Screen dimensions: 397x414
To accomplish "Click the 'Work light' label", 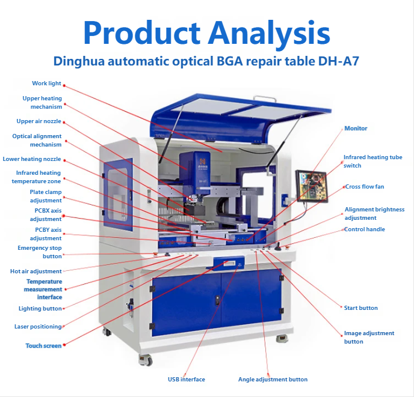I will [46, 83].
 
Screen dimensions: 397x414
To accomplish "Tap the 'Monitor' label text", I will [355, 129].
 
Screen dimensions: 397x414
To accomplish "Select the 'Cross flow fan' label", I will [364, 187].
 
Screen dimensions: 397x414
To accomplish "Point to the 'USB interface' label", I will [186, 380].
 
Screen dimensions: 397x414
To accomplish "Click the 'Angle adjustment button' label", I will [273, 380].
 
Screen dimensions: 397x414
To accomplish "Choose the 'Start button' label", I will [360, 308].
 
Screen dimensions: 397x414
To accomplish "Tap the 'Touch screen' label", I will [43, 346].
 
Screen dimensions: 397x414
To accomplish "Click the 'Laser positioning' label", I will [38, 327].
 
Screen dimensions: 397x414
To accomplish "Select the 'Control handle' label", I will [364, 229].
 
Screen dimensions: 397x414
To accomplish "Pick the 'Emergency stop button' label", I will [40, 252].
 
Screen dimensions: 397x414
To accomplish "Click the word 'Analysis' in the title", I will [267, 33].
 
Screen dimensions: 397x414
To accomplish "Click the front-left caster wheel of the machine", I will [145, 360].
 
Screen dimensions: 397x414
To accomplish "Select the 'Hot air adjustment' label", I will [36, 271].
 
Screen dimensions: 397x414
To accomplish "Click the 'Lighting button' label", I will [40, 309].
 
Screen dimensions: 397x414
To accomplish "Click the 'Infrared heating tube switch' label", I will [372, 162].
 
